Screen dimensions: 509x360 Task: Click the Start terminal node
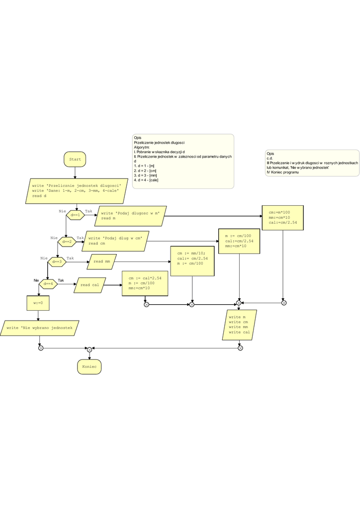pyautogui.click(x=75, y=159)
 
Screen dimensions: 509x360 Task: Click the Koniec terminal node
pyautogui.click(x=89, y=367)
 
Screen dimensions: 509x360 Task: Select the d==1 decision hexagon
pyautogui.click(x=76, y=215)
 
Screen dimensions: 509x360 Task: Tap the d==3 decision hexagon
pyautogui.click(x=57, y=261)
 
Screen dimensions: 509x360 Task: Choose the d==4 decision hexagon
pyautogui.click(x=48, y=284)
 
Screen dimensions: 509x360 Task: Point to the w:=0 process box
pyautogui.click(x=38, y=302)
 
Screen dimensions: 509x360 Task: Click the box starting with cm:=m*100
pyautogui.click(x=283, y=218)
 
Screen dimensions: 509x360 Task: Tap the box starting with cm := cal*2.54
pyautogui.click(x=145, y=283)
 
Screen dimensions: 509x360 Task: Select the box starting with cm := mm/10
pyautogui.click(x=192, y=260)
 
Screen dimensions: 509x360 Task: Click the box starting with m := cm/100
pyautogui.click(x=239, y=241)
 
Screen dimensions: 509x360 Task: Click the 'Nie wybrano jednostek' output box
pyautogui.click(x=40, y=328)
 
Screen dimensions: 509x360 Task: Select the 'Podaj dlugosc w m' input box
pyautogui.click(x=130, y=216)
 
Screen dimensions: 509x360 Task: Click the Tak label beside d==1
pyautogui.click(x=89, y=211)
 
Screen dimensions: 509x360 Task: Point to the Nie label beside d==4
pyautogui.click(x=36, y=280)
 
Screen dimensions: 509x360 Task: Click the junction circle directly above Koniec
pyautogui.click(x=90, y=349)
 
